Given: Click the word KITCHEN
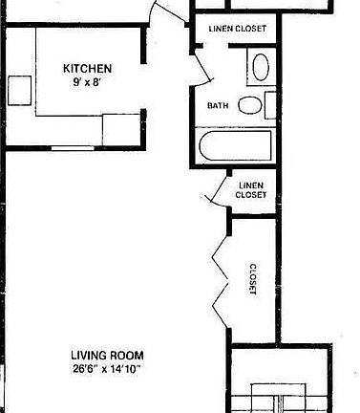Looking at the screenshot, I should (x=88, y=68).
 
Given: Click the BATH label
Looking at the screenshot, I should (x=217, y=105).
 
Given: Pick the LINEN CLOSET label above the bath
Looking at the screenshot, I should (x=237, y=27).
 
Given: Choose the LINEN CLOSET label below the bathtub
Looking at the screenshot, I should (x=252, y=189).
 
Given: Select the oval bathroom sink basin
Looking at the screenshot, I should (x=260, y=68).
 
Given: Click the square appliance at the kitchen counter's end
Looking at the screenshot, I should (x=120, y=128).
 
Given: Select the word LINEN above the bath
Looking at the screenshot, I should (x=222, y=27).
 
